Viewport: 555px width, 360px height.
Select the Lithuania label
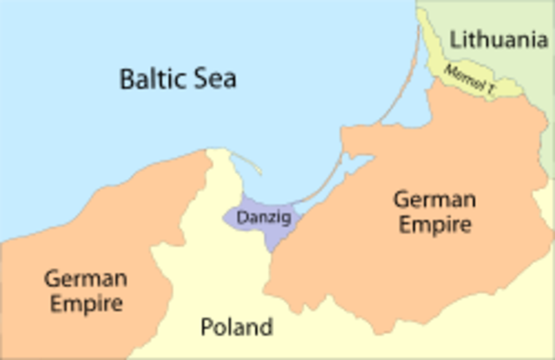(499, 39)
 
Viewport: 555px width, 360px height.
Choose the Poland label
(236, 327)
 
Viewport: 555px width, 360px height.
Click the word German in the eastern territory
(434, 200)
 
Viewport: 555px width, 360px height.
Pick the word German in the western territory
(85, 278)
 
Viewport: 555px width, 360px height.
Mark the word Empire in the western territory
(85, 304)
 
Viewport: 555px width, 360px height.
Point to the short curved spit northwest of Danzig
(249, 165)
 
